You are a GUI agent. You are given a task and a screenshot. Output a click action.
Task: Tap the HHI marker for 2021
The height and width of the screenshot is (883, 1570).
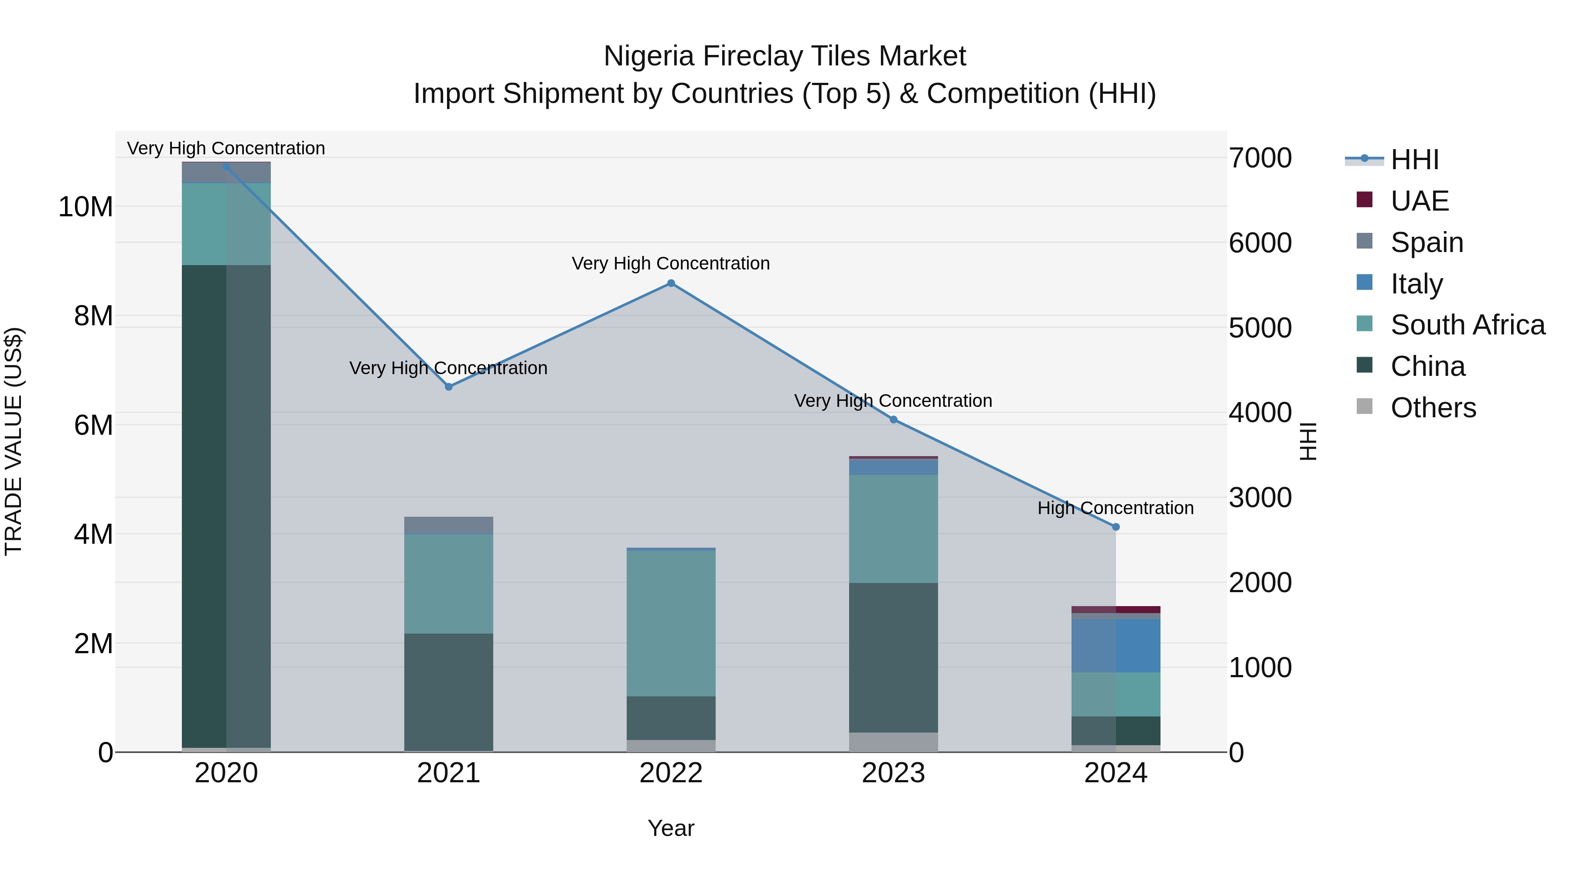click(449, 387)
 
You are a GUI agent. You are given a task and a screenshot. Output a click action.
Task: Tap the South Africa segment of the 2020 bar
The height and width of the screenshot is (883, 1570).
click(226, 224)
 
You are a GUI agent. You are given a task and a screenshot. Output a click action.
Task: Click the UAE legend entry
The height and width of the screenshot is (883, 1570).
click(1420, 201)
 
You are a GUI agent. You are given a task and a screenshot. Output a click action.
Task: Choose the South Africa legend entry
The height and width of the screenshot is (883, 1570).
click(1467, 325)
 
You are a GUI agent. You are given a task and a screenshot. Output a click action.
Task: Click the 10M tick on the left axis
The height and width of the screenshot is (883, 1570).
click(85, 207)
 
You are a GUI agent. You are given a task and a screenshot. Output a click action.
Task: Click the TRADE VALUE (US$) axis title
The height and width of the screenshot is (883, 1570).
click(14, 441)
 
